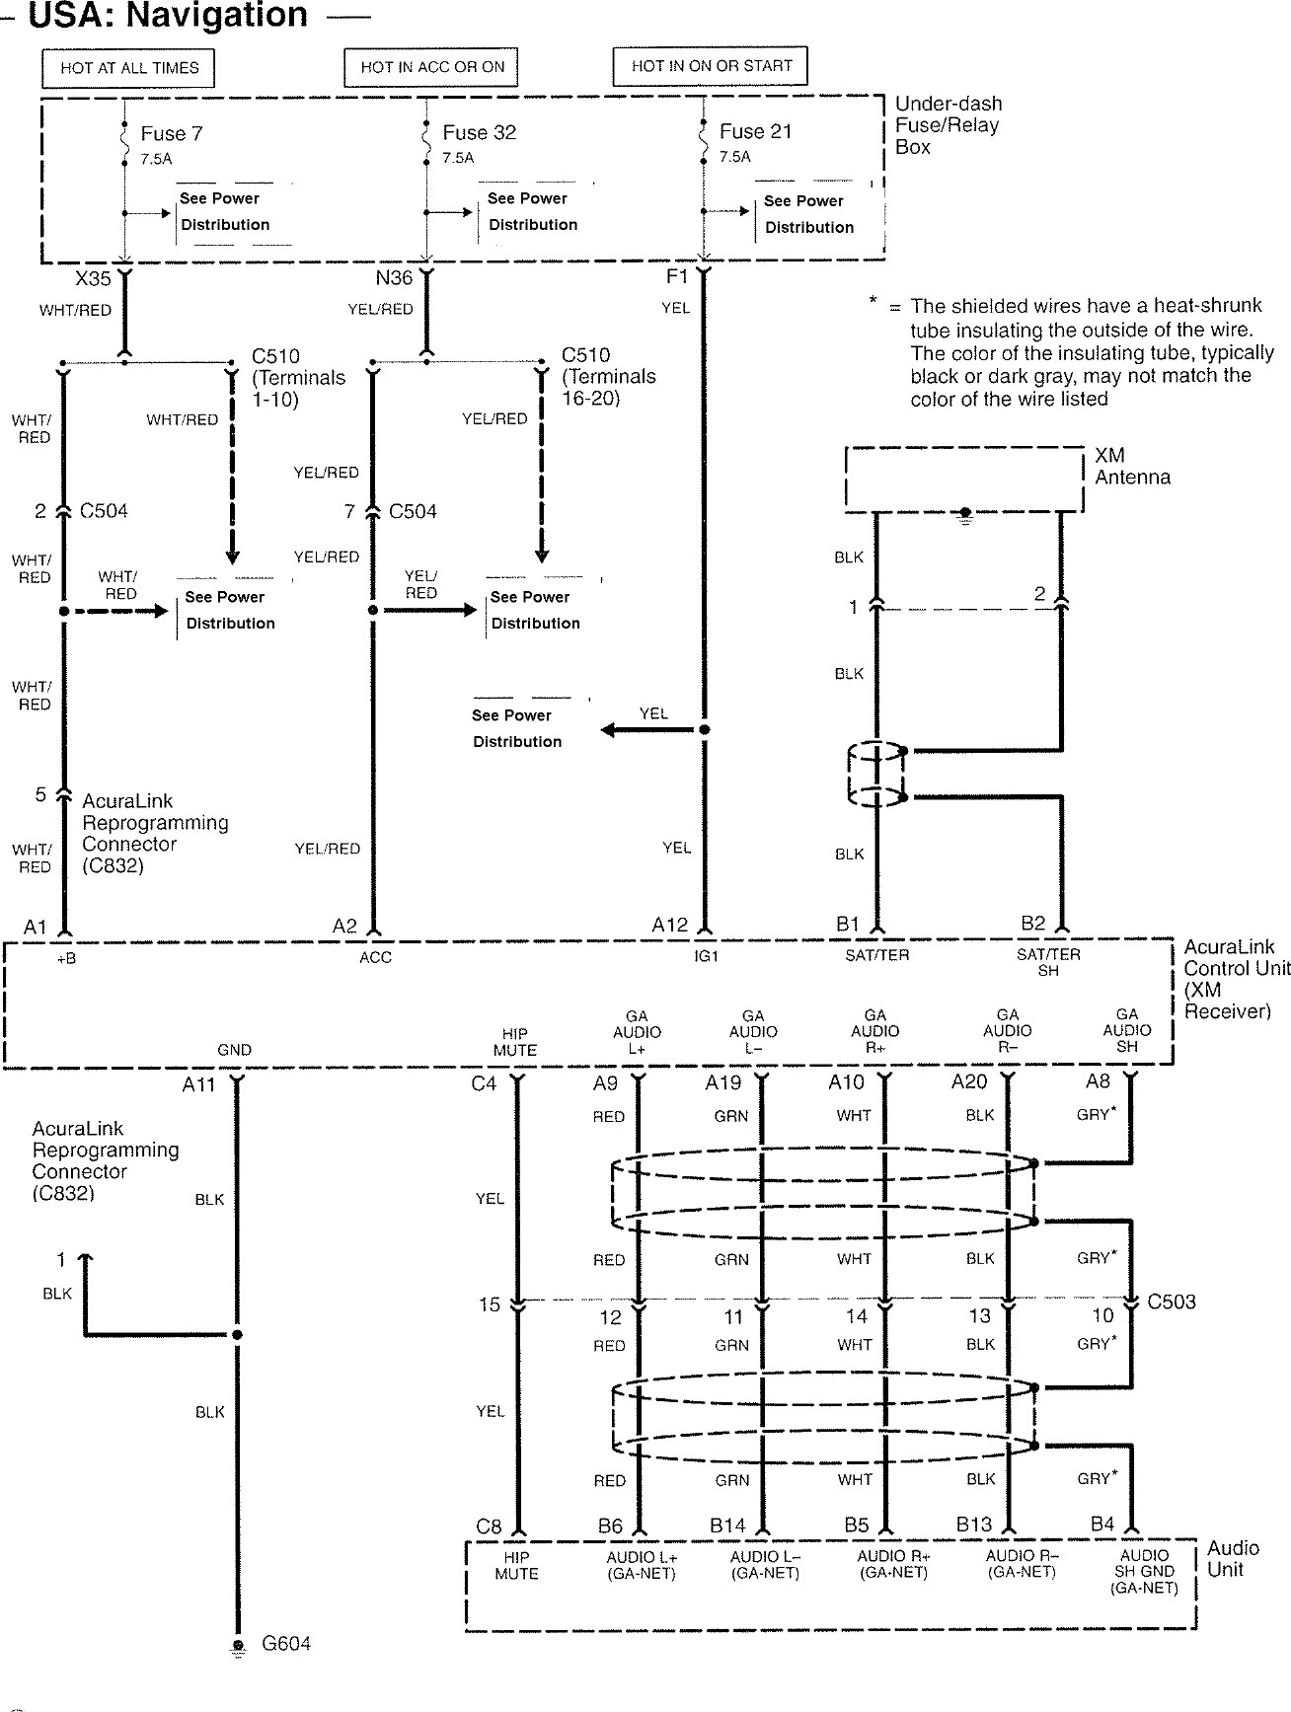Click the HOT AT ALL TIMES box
click(x=129, y=68)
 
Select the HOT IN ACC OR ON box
click(x=432, y=67)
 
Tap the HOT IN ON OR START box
click(x=711, y=66)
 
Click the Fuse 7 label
click(x=171, y=133)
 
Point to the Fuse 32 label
click(x=479, y=132)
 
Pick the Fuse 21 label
click(x=755, y=131)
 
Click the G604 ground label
click(x=286, y=1644)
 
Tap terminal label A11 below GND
click(x=198, y=1084)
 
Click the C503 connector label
click(x=1172, y=1302)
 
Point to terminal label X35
click(x=93, y=279)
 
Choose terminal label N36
click(x=394, y=278)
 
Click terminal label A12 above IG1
click(x=669, y=925)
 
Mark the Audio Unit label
click(x=1233, y=1558)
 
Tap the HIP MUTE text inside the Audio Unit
click(x=516, y=1566)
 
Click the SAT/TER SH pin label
click(x=1048, y=962)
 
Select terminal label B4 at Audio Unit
click(x=1102, y=1525)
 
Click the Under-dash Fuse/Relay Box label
click(x=948, y=124)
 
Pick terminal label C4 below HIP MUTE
click(x=484, y=1083)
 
